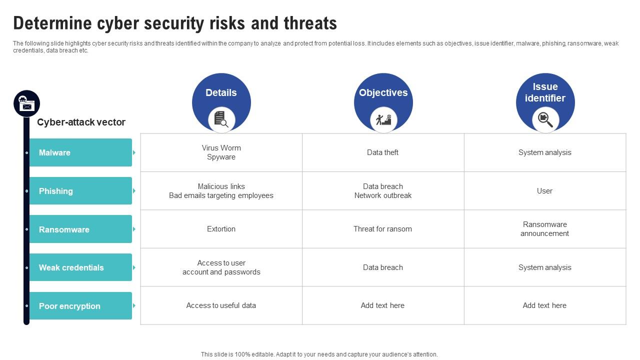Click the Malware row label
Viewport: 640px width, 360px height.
click(54, 152)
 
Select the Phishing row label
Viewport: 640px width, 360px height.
click(56, 191)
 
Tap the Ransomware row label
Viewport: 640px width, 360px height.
click(64, 229)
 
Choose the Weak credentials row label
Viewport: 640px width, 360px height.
click(71, 267)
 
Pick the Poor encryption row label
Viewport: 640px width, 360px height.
click(69, 306)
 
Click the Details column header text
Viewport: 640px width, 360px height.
click(221, 92)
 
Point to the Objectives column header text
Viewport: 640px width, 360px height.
click(383, 92)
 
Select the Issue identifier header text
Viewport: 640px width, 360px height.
click(545, 92)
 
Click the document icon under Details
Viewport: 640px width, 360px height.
click(221, 119)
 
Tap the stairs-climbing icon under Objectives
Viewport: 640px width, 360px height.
click(383, 120)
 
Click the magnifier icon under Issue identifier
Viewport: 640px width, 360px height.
click(545, 119)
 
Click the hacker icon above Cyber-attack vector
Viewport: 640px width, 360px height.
click(26, 103)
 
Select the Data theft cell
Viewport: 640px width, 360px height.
click(382, 152)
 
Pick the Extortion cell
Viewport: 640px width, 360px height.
click(221, 229)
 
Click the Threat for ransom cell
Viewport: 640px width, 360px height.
click(382, 229)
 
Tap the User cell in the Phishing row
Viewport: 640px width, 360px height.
click(544, 191)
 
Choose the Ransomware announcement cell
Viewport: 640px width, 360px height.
click(544, 229)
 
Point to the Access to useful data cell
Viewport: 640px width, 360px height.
click(221, 305)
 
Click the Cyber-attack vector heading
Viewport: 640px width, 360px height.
click(81, 122)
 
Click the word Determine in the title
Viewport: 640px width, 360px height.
click(52, 23)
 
